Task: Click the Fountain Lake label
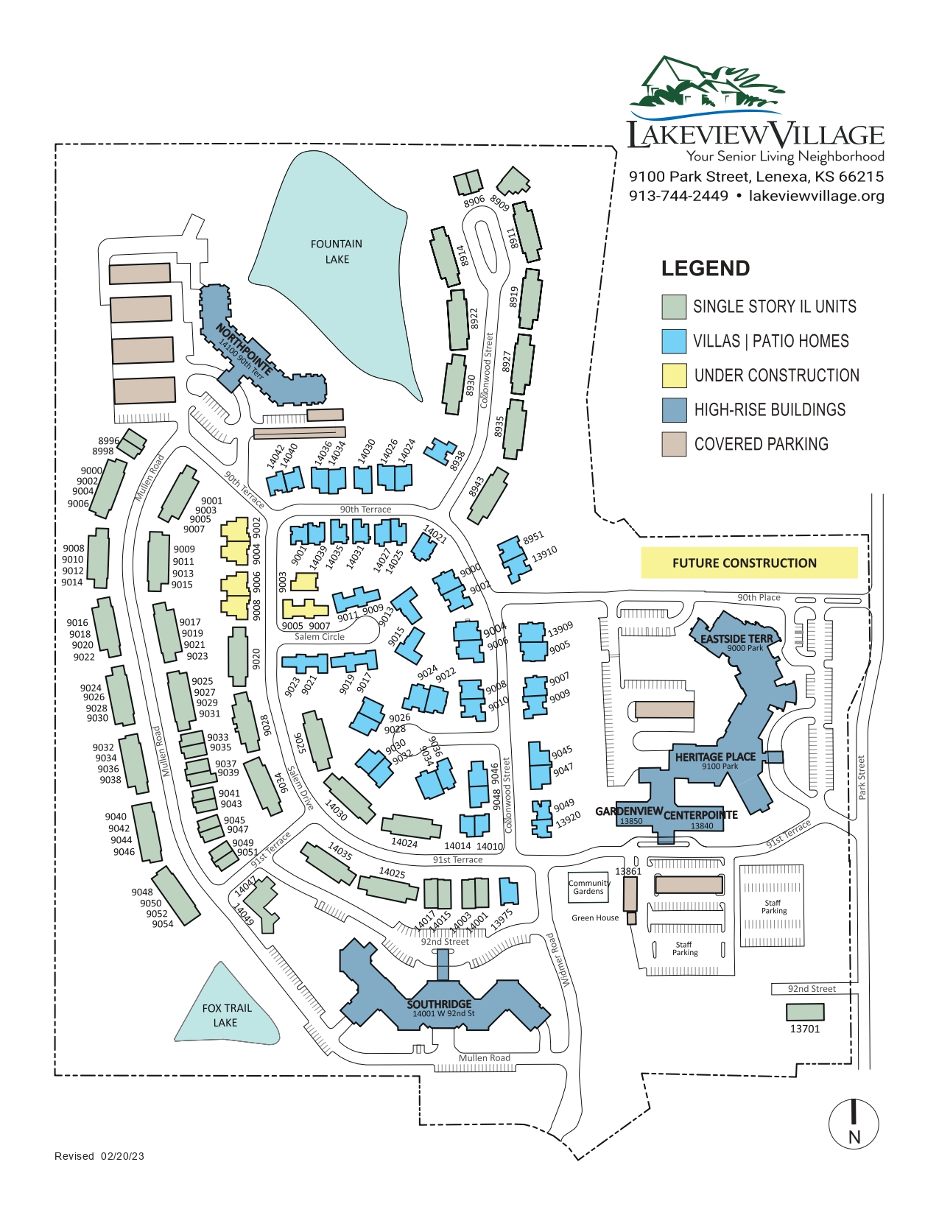[x=337, y=251]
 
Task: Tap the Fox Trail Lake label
[x=227, y=1015]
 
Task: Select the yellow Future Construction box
[x=748, y=563]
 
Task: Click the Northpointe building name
[x=245, y=349]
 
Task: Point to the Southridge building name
[x=439, y=1004]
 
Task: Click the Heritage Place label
[x=715, y=757]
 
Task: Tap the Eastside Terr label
[x=736, y=638]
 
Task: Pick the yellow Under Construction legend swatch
[x=674, y=376]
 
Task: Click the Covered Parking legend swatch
[x=674, y=444]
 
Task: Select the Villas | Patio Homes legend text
[x=770, y=341]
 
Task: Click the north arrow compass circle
[x=854, y=1124]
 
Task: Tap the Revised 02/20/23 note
[x=99, y=1156]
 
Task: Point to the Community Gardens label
[x=588, y=887]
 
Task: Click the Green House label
[x=595, y=918]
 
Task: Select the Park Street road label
[x=862, y=778]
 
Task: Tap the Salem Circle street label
[x=319, y=637]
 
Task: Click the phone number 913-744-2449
[x=678, y=196]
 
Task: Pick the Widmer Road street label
[x=558, y=960]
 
